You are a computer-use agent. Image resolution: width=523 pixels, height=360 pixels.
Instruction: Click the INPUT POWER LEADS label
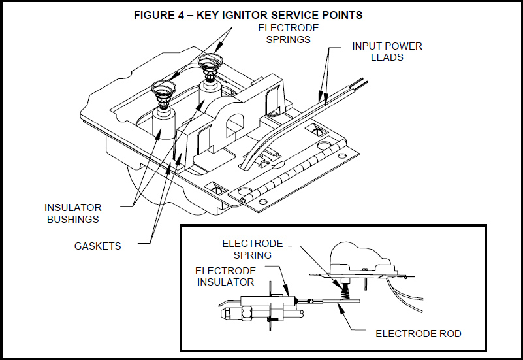[387, 52]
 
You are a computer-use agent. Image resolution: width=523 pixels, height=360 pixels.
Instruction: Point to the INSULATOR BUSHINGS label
[73, 213]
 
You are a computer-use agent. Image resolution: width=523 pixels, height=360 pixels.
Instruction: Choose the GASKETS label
[97, 246]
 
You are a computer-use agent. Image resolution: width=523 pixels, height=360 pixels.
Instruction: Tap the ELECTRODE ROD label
[418, 333]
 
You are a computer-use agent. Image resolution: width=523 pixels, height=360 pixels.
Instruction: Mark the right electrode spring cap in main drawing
[209, 65]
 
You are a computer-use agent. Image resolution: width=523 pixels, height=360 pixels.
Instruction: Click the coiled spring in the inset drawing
[341, 286]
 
